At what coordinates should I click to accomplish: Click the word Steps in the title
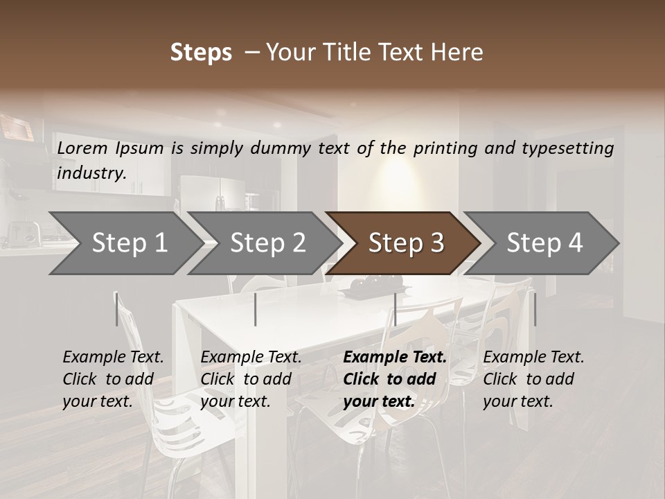click(201, 53)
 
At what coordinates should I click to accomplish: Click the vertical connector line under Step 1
click(116, 309)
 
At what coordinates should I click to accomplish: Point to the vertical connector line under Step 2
click(256, 309)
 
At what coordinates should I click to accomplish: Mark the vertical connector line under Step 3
click(395, 309)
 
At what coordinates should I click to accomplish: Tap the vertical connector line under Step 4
click(535, 309)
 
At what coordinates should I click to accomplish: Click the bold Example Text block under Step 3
click(395, 379)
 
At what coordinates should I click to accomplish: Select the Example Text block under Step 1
click(113, 379)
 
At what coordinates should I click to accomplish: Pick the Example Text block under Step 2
click(251, 379)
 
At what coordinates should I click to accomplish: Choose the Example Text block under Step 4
click(533, 379)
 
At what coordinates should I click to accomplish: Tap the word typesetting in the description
click(574, 148)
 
